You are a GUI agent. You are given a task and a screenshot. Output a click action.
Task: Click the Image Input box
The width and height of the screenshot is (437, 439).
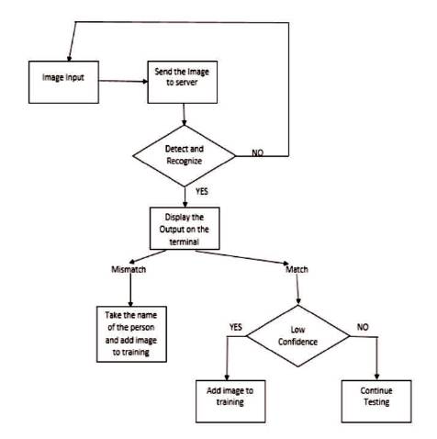point(63,82)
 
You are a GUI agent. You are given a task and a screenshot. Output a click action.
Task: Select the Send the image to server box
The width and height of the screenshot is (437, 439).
point(183,82)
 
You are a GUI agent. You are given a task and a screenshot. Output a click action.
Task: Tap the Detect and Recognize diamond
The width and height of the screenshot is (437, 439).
point(185,156)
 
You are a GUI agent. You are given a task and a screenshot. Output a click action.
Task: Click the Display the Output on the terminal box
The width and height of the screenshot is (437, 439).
point(185,229)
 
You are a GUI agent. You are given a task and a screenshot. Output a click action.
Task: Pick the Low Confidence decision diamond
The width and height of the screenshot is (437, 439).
point(298,336)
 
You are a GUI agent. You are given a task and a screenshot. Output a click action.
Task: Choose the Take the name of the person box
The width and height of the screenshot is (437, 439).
point(131,334)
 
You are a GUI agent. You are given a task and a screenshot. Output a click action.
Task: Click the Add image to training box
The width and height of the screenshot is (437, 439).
point(230,401)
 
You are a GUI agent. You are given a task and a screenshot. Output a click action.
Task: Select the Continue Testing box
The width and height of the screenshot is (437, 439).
point(376,401)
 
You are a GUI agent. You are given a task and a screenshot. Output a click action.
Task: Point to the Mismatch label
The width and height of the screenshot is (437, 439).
point(129,269)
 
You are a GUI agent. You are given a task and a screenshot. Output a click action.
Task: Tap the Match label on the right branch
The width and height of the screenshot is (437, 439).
point(297,269)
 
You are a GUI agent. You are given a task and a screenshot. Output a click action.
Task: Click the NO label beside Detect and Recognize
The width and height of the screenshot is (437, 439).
point(257,152)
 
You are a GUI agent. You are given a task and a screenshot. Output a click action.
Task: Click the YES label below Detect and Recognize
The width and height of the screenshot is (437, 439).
point(202,192)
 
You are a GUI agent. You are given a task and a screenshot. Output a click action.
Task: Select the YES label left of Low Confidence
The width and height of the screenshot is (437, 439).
point(236,327)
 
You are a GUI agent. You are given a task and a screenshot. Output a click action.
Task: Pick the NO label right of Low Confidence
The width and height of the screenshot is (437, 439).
point(363,327)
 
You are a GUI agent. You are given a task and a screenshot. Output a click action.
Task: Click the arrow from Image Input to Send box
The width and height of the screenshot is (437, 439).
point(123,81)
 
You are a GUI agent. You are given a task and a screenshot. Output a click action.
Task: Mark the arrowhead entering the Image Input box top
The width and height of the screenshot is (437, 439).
point(70,58)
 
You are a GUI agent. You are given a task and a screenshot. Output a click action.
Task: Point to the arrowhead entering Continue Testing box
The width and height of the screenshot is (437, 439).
point(376,377)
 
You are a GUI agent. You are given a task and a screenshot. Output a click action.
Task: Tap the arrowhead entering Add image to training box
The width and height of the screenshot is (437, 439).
point(227,377)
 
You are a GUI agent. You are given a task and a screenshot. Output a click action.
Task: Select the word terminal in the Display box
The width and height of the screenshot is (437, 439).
point(185,242)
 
